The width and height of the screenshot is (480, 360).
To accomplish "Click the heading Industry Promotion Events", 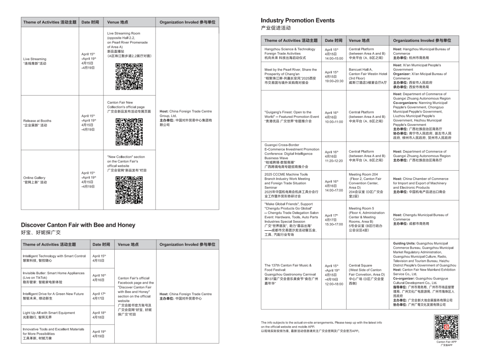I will point(297,20).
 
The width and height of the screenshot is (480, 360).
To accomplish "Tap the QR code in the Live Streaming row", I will point(129,76).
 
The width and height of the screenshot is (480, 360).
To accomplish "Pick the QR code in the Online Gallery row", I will point(129,190).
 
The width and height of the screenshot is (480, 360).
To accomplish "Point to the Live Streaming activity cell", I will point(35,61).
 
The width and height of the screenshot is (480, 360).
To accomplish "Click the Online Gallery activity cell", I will point(35,180).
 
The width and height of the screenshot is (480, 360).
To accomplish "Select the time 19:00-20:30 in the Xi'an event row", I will point(334,81).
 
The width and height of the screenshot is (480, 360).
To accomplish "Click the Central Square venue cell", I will point(365,274).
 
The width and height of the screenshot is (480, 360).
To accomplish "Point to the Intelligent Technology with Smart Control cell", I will point(54,258).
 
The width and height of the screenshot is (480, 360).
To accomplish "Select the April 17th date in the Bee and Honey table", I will point(99,296).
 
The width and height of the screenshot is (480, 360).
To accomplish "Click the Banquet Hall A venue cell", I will point(368,75).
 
